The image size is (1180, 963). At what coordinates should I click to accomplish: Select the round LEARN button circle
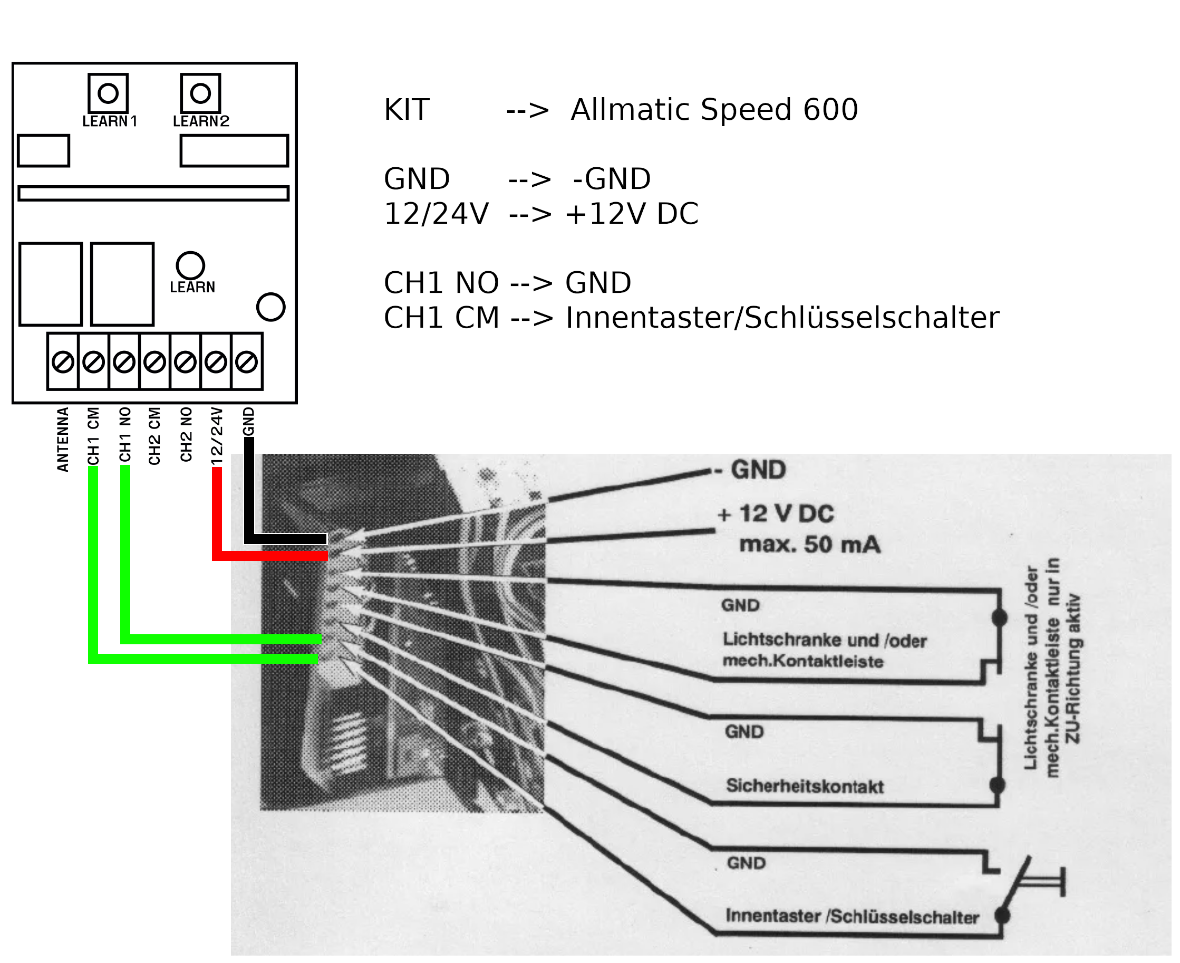click(x=190, y=265)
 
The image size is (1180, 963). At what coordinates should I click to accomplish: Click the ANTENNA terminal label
click(x=63, y=440)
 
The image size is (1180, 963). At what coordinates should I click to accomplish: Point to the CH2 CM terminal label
click(x=154, y=436)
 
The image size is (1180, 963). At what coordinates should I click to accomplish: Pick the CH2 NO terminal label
click(x=186, y=434)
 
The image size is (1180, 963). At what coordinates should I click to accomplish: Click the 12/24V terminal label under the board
click(x=217, y=436)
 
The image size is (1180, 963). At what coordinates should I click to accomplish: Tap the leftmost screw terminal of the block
click(x=63, y=361)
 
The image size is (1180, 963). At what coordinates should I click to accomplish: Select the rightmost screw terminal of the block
click(x=246, y=361)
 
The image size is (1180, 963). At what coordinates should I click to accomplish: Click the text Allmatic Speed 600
click(x=714, y=110)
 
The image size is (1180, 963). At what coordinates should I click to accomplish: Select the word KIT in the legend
click(x=407, y=110)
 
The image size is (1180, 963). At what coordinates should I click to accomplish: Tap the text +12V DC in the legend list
click(x=631, y=214)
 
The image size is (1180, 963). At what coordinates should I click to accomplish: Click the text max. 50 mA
click(x=809, y=544)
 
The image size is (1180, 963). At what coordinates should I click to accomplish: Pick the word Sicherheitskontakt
click(x=805, y=786)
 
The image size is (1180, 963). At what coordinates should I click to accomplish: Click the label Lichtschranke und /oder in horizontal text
click(x=824, y=640)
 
